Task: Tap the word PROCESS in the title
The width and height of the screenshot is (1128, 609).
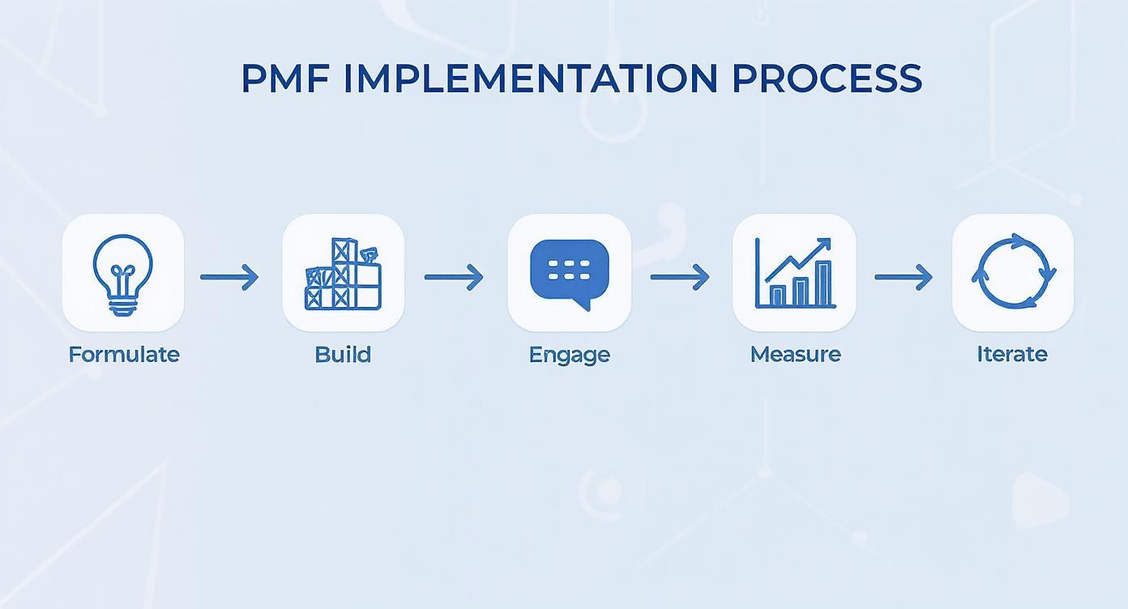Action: point(827,79)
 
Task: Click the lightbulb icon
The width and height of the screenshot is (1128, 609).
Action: point(123,273)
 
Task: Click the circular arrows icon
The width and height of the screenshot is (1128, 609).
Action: point(1013,272)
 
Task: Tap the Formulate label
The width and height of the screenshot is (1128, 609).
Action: point(124,355)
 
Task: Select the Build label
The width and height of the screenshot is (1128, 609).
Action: point(343,355)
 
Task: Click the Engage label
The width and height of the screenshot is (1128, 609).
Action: point(569,355)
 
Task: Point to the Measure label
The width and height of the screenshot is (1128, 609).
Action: point(795,354)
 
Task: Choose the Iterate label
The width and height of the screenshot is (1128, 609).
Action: point(1012,354)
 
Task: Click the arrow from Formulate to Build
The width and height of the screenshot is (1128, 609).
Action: point(230,277)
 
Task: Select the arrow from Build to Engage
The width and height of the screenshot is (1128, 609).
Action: point(454,277)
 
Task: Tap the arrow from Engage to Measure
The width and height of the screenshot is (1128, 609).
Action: point(680,277)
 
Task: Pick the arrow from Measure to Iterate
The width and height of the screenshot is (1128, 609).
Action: point(904,277)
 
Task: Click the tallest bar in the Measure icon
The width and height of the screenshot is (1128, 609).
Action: point(823,284)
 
